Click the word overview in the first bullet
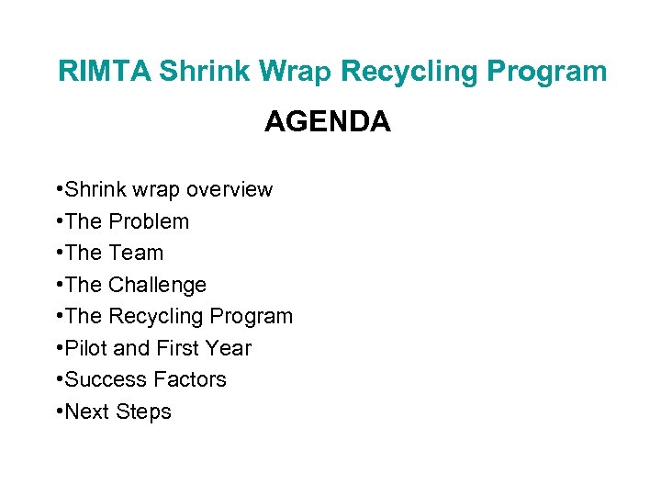[230, 190]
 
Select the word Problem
[149, 222]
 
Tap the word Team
[136, 254]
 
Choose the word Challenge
[157, 286]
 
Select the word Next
[87, 412]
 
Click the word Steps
[143, 412]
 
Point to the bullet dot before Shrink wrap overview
[59, 190]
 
